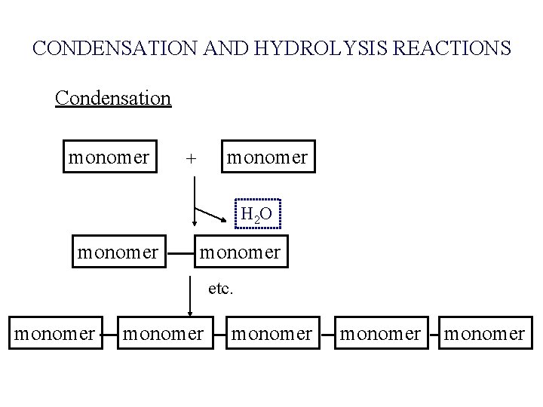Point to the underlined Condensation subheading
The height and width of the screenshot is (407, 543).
[x=113, y=98]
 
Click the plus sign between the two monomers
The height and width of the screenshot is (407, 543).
[x=192, y=159]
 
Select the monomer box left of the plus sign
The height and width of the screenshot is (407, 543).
[x=109, y=158]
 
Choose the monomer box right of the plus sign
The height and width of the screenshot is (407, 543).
[x=268, y=158]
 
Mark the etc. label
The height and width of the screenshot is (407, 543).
[x=219, y=288]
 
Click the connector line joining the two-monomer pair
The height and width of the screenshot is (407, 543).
[x=178, y=252]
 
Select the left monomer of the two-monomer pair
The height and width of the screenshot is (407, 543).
[x=118, y=251]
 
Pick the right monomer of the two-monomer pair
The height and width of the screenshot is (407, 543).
[x=239, y=251]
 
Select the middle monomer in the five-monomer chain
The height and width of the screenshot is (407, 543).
[x=271, y=332]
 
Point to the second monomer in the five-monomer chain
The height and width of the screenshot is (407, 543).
[x=162, y=332]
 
